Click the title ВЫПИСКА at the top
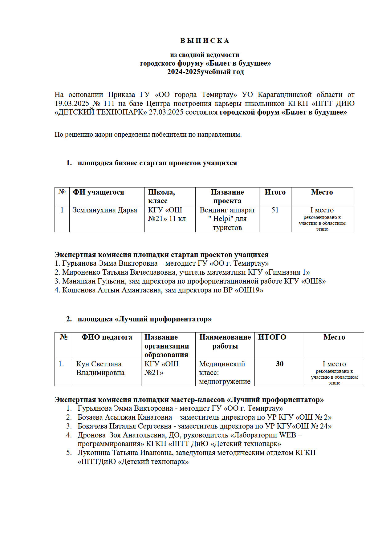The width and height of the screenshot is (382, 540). tap(205, 41)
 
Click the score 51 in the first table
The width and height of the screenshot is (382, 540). tap(275, 210)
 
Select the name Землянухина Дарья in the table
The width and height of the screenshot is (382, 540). tap(105, 210)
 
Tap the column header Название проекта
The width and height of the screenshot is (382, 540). tap(227, 196)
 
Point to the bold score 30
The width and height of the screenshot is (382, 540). tap(279, 364)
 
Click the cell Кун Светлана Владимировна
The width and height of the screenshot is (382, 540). tap(100, 368)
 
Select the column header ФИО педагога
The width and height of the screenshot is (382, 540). tap(107, 337)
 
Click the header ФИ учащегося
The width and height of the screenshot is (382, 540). tap(98, 192)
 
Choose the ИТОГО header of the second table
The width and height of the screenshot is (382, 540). tap(272, 337)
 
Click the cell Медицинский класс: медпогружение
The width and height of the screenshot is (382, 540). tap(225, 373)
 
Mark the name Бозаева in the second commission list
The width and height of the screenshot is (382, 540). tap(90, 417)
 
